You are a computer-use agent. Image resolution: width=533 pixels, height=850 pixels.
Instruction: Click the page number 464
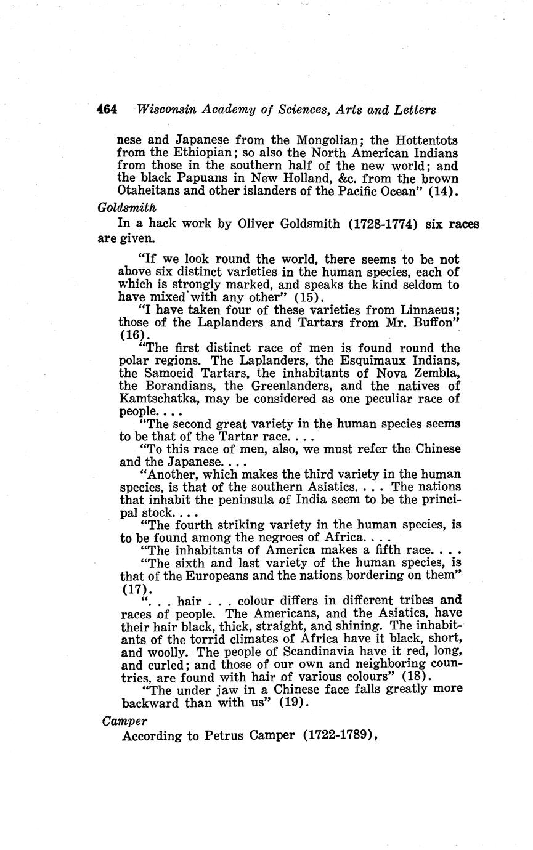pos(107,110)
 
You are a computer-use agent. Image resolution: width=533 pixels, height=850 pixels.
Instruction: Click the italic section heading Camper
pos(125,720)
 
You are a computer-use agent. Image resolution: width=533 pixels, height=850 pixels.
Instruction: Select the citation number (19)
pos(292,703)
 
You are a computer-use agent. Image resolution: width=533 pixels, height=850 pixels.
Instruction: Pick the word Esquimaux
pos(346,360)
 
